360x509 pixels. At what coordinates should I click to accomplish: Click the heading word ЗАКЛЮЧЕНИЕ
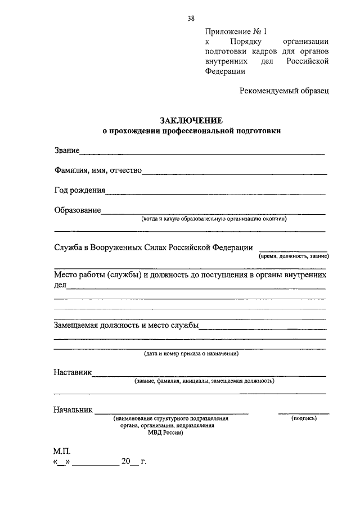pos(191,120)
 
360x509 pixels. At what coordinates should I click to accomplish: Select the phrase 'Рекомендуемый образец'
pos(284,90)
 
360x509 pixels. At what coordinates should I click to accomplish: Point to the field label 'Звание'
pos(66,150)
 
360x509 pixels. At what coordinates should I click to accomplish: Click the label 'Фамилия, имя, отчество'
pos(97,170)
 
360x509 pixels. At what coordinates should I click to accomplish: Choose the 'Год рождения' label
pos(79,190)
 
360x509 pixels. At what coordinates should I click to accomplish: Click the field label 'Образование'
pos(77,210)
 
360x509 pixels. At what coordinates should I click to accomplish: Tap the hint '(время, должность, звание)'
pos(294,256)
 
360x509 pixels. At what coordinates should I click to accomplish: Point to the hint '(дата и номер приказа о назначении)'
pos(191,354)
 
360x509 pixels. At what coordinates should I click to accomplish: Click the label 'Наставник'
pos(73,372)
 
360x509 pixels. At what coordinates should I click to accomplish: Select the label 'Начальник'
pos(73,410)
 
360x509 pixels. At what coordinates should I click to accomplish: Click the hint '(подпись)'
pos(304,418)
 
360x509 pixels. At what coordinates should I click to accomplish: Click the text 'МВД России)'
pos(165,433)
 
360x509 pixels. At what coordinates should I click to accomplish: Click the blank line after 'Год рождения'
pos(215,193)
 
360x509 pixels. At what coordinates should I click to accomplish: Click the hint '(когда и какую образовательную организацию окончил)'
pos(214,219)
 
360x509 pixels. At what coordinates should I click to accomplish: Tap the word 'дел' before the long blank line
pos(60,285)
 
